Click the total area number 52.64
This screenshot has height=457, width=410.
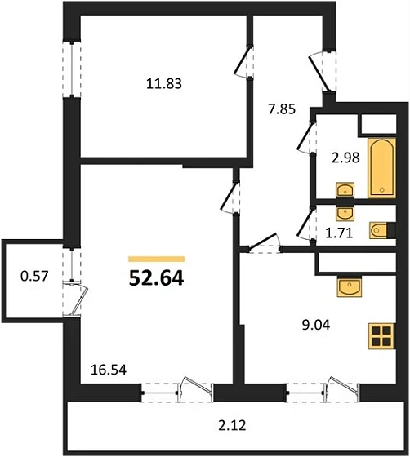tap(156, 277)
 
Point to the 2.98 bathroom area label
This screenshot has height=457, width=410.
tap(345, 158)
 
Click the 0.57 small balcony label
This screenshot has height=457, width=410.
tap(34, 276)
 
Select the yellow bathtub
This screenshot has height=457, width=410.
tap(381, 168)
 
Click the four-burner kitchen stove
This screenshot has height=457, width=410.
tap(381, 335)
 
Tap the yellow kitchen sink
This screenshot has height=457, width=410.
tap(352, 288)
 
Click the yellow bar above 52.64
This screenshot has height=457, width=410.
tap(156, 257)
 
